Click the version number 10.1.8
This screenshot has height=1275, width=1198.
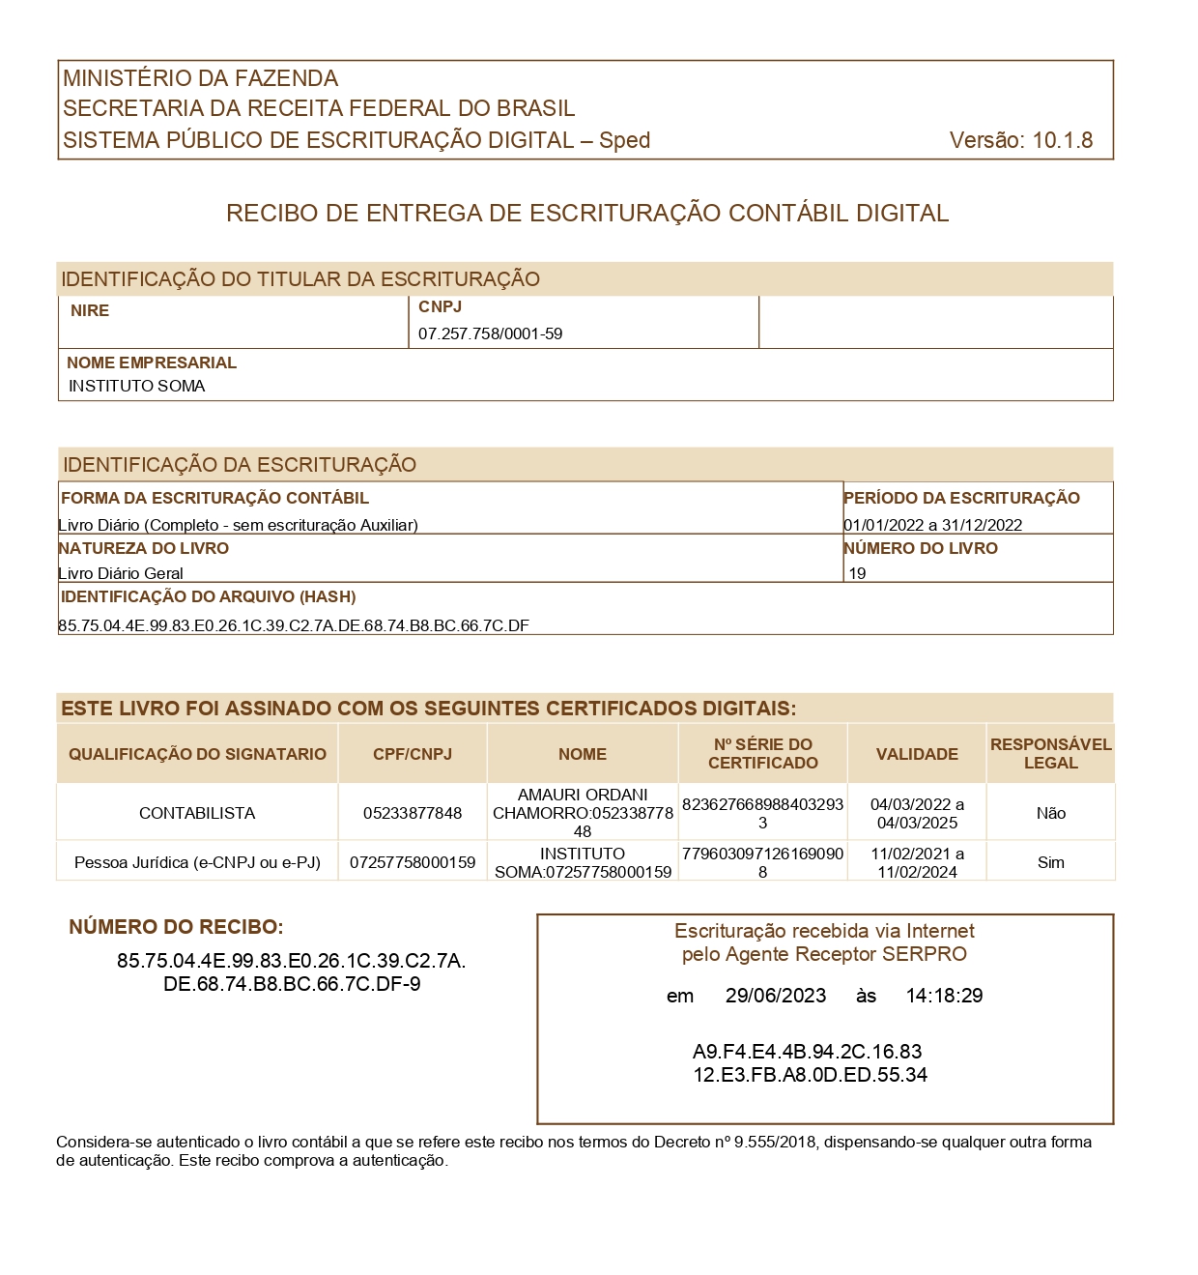(x=1062, y=140)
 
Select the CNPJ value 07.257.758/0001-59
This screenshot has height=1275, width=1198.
(x=490, y=334)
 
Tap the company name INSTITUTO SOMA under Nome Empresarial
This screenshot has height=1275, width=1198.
(x=137, y=387)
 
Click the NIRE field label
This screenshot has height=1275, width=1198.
(x=90, y=311)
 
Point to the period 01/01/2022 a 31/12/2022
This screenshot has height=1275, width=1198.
(x=932, y=526)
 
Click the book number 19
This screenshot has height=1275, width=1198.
(x=857, y=573)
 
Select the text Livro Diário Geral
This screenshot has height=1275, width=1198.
(x=121, y=573)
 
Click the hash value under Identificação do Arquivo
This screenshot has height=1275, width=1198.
(x=294, y=625)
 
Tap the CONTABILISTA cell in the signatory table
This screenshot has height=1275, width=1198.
(x=197, y=814)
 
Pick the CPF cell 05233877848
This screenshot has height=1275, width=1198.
(x=413, y=814)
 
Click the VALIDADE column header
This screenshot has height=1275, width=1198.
(x=917, y=754)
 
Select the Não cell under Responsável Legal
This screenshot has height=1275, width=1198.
(x=1050, y=814)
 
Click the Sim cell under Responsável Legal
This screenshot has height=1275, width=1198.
(x=1050, y=863)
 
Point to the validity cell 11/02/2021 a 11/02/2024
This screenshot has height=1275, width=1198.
(x=917, y=863)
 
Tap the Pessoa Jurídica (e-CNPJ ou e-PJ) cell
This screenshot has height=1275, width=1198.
(x=197, y=863)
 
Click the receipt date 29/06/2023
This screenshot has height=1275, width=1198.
(x=776, y=997)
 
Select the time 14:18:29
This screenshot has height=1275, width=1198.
(x=944, y=997)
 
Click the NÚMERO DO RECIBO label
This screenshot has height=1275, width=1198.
(x=176, y=928)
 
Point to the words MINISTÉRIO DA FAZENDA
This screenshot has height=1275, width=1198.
(x=201, y=78)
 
